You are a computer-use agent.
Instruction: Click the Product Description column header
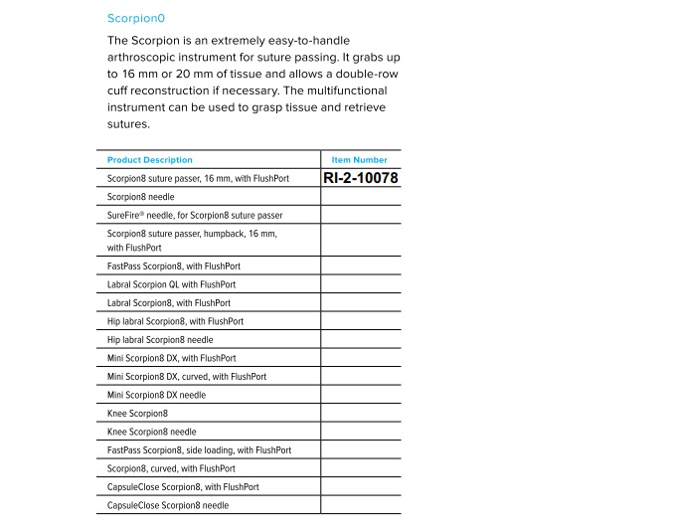tap(150, 160)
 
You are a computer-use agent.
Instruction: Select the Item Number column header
tap(360, 160)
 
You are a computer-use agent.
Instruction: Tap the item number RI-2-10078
tap(361, 178)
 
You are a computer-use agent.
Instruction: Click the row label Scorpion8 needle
tap(140, 197)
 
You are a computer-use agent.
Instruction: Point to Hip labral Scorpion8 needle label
tap(160, 339)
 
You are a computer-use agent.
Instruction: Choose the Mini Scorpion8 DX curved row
tap(187, 377)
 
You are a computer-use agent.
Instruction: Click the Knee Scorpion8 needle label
tap(151, 432)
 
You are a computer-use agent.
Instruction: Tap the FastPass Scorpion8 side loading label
tap(199, 450)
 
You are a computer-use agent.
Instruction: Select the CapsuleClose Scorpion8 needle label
tap(168, 505)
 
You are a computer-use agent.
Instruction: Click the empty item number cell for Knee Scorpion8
tap(360, 414)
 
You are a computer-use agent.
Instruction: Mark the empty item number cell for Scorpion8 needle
tap(360, 197)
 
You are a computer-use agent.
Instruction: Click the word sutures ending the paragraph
tap(127, 124)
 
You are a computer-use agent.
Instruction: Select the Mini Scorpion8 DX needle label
tap(157, 395)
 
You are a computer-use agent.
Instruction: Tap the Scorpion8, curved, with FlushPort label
tap(171, 468)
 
